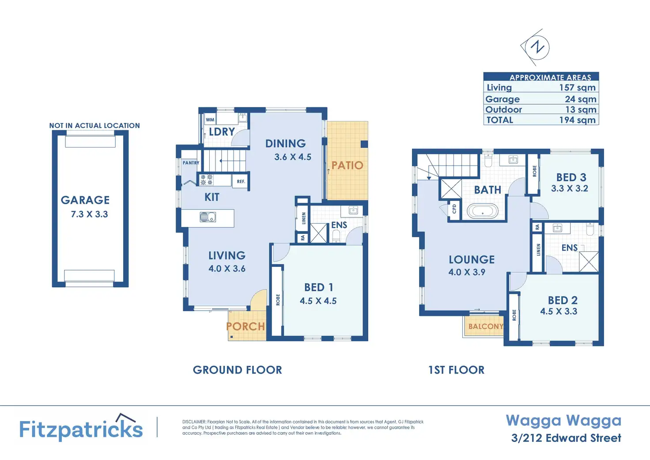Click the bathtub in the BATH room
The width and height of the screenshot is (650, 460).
pos(482,211)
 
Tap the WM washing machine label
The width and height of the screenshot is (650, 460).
pos(210,120)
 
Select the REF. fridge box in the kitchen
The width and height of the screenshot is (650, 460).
pos(241,182)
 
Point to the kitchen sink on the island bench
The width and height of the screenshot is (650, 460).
pos(208,217)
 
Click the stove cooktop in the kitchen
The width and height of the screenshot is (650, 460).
pos(206,180)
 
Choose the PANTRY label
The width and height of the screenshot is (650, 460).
pos(191,163)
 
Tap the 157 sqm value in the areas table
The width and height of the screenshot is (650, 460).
pos(577,87)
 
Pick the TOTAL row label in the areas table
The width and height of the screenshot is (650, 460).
pos(500,120)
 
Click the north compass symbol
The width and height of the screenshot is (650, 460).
pos(537,47)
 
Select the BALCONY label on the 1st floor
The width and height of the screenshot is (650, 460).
pos(486,327)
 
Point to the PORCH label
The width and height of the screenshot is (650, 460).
pos(246,327)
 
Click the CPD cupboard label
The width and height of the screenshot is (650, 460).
pos(454,209)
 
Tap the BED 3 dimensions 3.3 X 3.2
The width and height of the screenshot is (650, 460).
pos(569,189)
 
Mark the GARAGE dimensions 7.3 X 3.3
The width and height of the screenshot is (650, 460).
pos(89,214)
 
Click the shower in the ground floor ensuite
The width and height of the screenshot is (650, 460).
pos(319,233)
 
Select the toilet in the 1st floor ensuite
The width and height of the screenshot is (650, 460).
pos(590,228)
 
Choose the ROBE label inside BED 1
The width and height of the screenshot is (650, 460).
pos(278,300)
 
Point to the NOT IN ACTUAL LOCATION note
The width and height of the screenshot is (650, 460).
pos(94,125)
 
